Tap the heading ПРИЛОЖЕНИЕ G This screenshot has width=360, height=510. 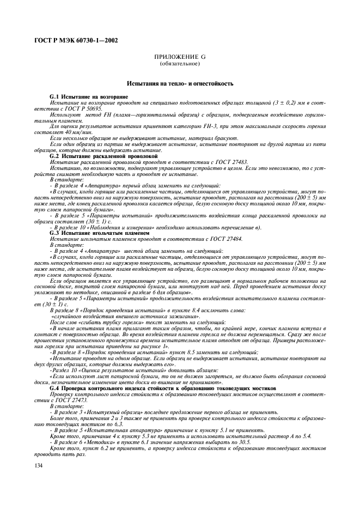click(x=180, y=57)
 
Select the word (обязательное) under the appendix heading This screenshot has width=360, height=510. click(x=180, y=64)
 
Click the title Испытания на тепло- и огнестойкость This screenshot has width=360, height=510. click(x=180, y=84)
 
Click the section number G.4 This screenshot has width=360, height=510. click(x=56, y=388)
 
